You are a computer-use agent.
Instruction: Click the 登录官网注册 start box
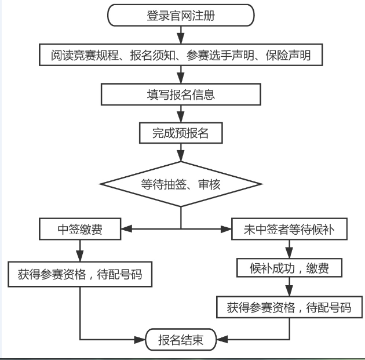click(x=181, y=16)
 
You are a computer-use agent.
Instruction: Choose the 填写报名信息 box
click(x=181, y=94)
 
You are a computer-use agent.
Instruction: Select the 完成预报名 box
click(x=181, y=133)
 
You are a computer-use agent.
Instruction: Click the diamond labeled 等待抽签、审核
click(x=181, y=184)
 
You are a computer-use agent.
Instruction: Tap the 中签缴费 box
click(x=80, y=229)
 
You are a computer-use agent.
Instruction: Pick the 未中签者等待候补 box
click(x=289, y=230)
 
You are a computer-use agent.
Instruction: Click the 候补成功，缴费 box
click(x=289, y=268)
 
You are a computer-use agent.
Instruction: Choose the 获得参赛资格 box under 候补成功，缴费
click(x=289, y=307)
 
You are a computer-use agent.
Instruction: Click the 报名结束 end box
click(x=181, y=340)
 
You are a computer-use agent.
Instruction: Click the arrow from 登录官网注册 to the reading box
click(x=181, y=35)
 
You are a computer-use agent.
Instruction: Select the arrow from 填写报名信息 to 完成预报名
click(x=181, y=114)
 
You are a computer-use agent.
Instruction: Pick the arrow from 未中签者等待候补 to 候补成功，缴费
click(x=289, y=248)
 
